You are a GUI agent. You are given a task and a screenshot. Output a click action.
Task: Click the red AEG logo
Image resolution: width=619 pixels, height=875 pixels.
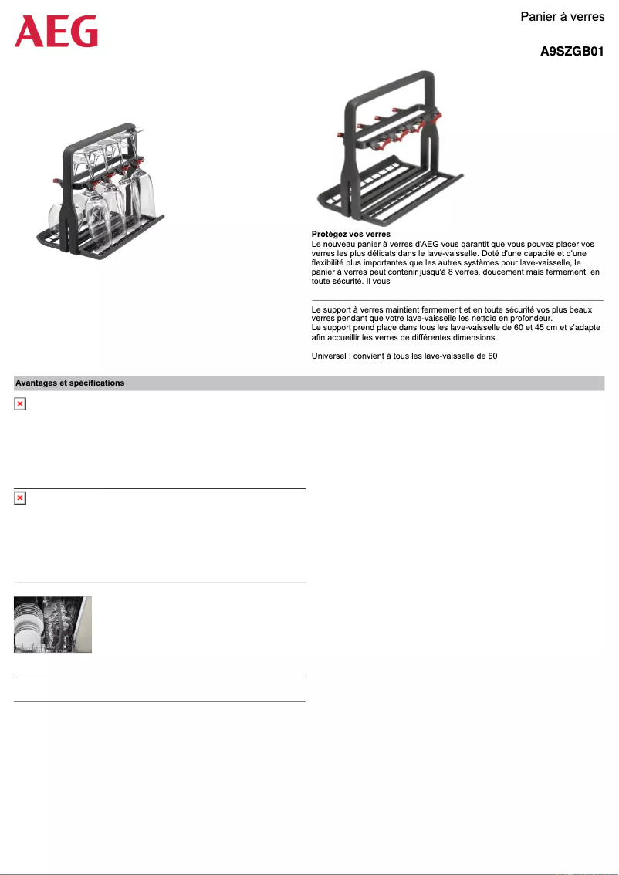tap(56, 32)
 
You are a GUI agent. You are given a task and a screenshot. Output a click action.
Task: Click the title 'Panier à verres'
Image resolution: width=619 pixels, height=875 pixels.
tap(562, 16)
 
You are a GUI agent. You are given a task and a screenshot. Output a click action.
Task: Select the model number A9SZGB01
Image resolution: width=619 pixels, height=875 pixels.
tap(571, 52)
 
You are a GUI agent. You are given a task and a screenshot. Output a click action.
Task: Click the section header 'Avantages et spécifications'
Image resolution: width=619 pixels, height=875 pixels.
tap(70, 383)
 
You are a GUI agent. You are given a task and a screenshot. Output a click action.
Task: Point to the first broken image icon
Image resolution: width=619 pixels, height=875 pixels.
tap(20, 404)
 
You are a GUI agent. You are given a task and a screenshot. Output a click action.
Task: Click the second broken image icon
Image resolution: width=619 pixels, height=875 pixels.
tap(20, 499)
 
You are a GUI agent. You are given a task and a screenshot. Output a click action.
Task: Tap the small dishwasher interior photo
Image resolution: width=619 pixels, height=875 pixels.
tap(52, 624)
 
